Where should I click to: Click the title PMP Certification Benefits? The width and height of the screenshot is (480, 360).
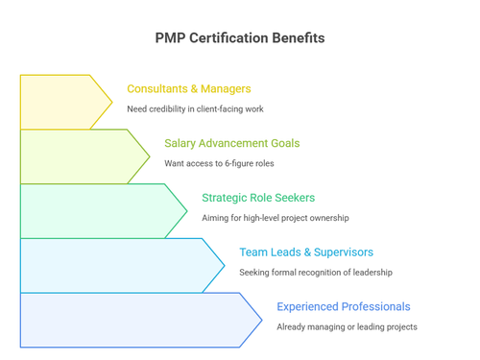click(x=240, y=38)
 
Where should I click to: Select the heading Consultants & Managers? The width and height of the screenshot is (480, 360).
click(x=189, y=89)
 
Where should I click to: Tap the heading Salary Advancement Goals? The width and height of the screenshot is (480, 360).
click(x=231, y=144)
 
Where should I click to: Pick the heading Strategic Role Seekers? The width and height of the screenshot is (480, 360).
click(x=257, y=198)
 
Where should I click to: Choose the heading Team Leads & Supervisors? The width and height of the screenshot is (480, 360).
click(x=306, y=252)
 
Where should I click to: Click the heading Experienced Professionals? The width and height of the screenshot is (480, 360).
click(x=343, y=307)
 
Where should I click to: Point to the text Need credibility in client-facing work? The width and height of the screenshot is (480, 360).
click(x=195, y=109)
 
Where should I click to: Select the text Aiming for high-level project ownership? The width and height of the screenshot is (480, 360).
click(x=275, y=218)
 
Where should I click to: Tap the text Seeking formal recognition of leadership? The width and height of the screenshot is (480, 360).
click(x=316, y=273)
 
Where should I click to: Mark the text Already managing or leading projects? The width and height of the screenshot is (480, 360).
click(x=347, y=327)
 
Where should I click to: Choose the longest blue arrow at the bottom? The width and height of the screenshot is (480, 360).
click(x=134, y=321)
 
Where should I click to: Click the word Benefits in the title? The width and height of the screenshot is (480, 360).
click(x=300, y=38)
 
